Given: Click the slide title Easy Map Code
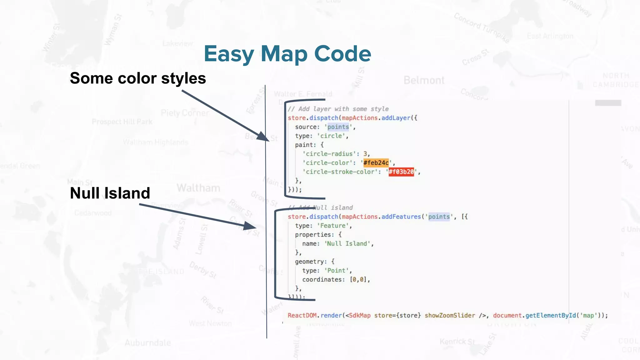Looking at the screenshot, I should click(287, 54).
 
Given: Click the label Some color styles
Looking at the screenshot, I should click(138, 78).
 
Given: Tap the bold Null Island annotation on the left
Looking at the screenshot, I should click(110, 193).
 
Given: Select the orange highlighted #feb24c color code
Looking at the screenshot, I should click(376, 163).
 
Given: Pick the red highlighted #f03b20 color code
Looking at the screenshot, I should click(401, 172).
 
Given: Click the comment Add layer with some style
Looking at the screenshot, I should click(338, 109).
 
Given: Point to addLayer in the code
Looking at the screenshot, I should click(396, 118).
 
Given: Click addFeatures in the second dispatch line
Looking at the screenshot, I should click(401, 217).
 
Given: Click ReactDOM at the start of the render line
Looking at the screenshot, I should click(302, 315).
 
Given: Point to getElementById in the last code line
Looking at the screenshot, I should click(550, 315).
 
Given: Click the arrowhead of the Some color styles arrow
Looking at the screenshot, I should click(263, 137).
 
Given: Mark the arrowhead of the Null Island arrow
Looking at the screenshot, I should click(251, 226).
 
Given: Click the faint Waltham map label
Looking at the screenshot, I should click(198, 188).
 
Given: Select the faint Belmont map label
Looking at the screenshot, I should click(424, 80).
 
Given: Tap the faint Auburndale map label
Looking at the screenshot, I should click(148, 343).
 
